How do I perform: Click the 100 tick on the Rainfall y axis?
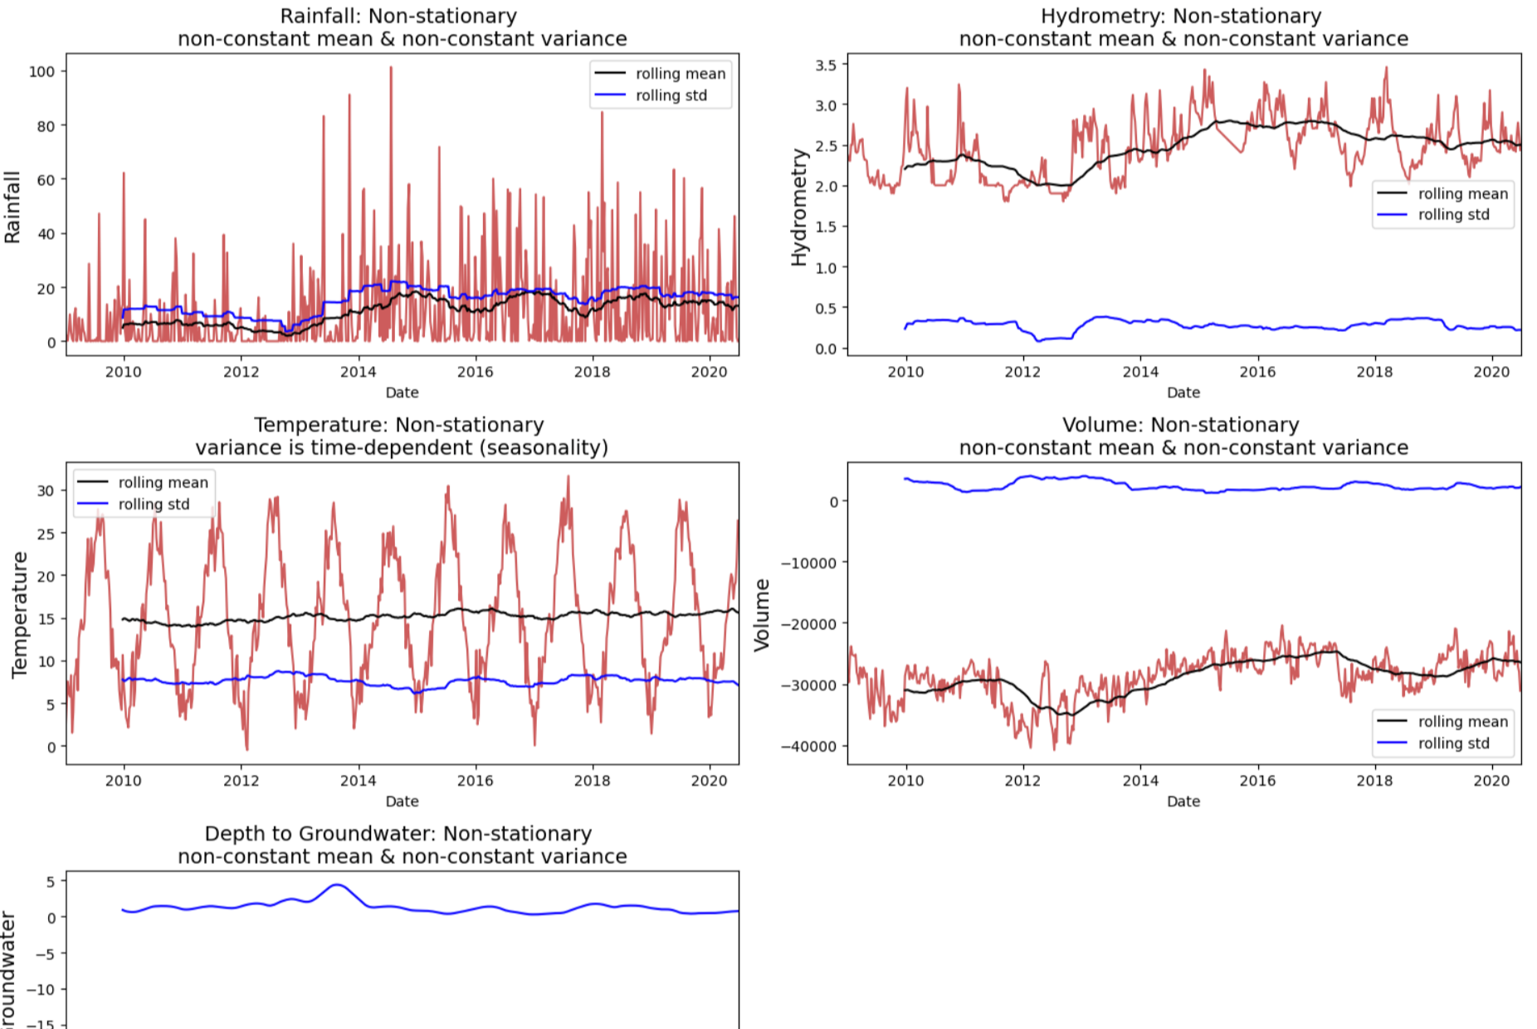point(41,71)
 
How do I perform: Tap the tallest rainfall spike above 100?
point(391,68)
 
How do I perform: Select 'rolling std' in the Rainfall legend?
point(671,95)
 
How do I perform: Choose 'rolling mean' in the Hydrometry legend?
point(1462,193)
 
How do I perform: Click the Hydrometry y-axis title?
point(799,207)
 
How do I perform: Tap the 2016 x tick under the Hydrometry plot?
point(1257,372)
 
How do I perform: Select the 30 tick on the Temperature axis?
point(46,490)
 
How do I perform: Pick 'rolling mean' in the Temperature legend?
point(163,482)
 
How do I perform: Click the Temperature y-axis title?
point(20,614)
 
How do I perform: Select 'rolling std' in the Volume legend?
point(1453,744)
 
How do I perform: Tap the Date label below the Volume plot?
point(1183,802)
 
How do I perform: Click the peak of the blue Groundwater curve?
point(337,885)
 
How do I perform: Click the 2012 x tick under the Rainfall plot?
point(241,372)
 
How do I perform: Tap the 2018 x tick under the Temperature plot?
point(592,781)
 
